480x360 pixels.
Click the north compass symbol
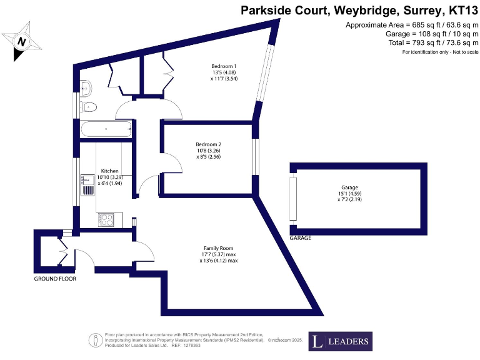click(x=22, y=41)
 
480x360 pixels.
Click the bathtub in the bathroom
click(x=106, y=129)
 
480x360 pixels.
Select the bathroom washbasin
click(x=88, y=86)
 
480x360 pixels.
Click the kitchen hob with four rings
click(x=105, y=220)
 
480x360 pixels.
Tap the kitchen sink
click(x=86, y=183)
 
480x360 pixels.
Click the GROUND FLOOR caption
click(x=55, y=279)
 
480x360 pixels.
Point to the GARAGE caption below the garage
click(x=300, y=238)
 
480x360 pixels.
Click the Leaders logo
click(x=340, y=341)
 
